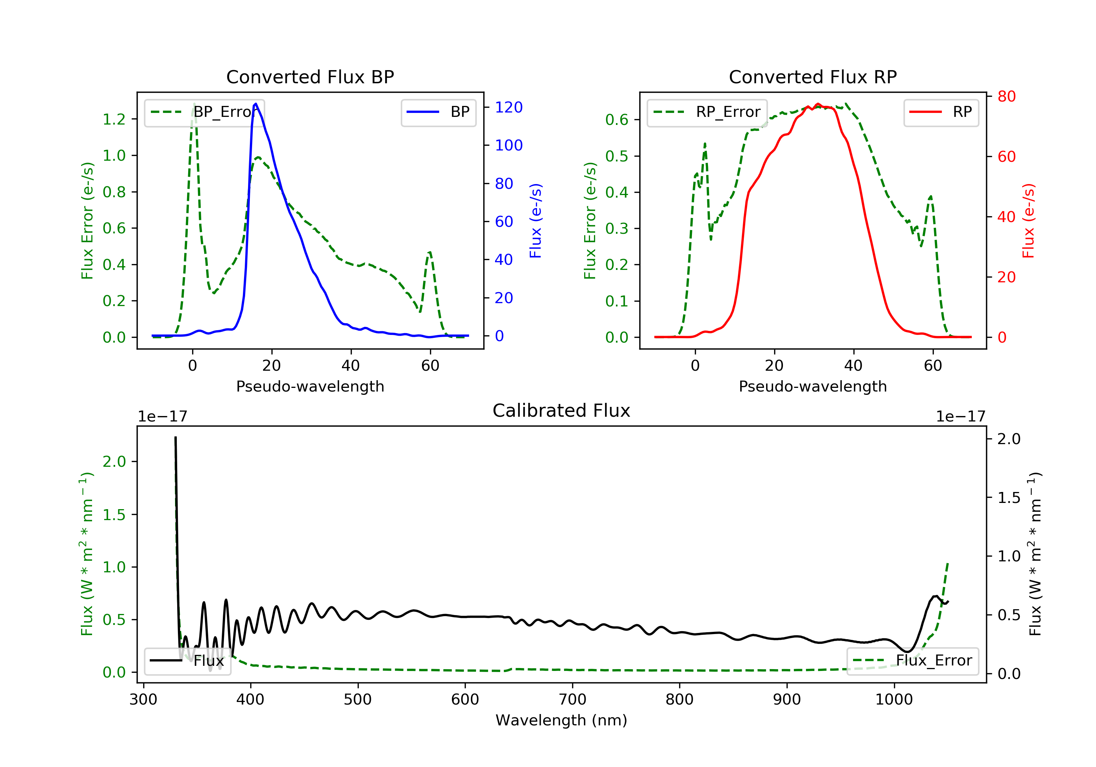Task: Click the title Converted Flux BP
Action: point(310,77)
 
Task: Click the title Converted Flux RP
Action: point(813,77)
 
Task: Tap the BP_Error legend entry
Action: point(204,112)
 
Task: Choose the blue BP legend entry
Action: point(438,112)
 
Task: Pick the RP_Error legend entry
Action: point(707,112)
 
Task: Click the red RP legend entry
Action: point(941,112)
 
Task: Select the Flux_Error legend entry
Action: point(912,661)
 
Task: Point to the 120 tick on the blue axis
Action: point(509,107)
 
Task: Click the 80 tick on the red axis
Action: point(1006,96)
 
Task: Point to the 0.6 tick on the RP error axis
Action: point(617,119)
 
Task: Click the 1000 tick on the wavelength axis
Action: point(894,700)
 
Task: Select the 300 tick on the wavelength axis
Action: point(144,700)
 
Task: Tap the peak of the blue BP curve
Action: point(256,104)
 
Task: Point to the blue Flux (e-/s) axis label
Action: point(536,221)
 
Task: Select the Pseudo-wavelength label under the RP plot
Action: point(813,386)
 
